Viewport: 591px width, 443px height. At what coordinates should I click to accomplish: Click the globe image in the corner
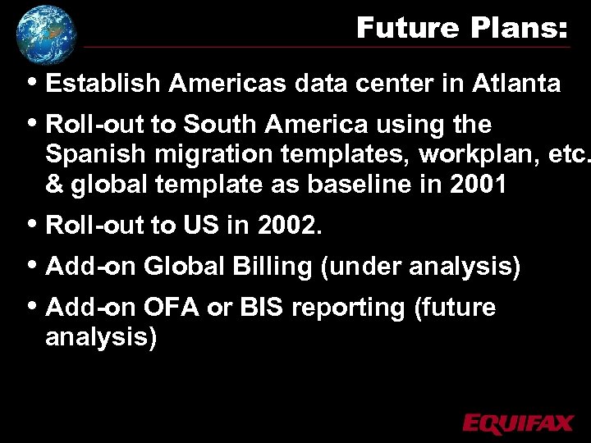(x=45, y=34)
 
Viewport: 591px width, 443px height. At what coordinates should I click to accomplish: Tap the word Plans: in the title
(x=519, y=29)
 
